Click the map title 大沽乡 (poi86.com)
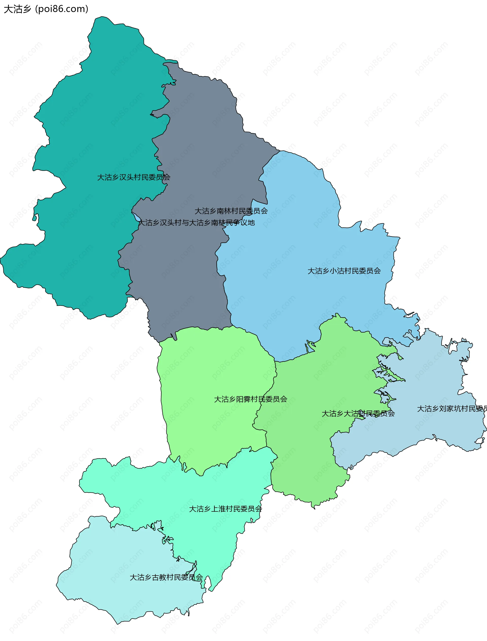click(46, 9)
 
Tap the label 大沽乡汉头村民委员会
click(133, 177)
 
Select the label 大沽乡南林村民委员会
click(231, 211)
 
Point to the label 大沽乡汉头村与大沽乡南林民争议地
click(197, 223)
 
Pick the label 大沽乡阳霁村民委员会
click(250, 399)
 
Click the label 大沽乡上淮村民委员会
click(225, 509)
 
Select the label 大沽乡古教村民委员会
click(166, 577)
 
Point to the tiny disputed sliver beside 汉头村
click(135, 216)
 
